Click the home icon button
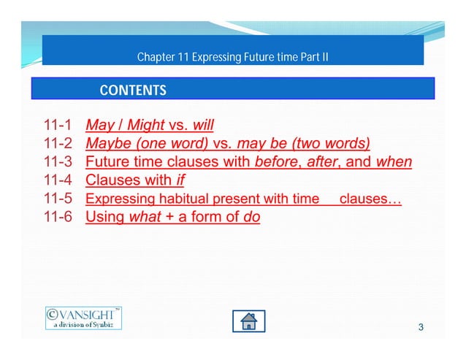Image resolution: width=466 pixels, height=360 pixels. point(248,321)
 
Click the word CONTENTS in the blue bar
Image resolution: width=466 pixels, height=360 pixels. point(132,91)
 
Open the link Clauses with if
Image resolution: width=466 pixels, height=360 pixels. point(134,180)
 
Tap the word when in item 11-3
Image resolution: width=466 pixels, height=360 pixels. point(394,161)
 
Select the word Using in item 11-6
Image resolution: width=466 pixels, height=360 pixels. point(103,217)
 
